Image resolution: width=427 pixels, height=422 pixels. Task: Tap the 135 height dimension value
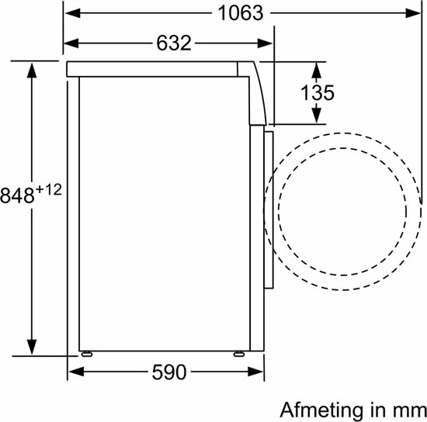click(x=317, y=93)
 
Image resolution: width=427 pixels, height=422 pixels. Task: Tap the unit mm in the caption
click(x=408, y=408)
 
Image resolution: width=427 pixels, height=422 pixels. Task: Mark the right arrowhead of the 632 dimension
click(x=267, y=43)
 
